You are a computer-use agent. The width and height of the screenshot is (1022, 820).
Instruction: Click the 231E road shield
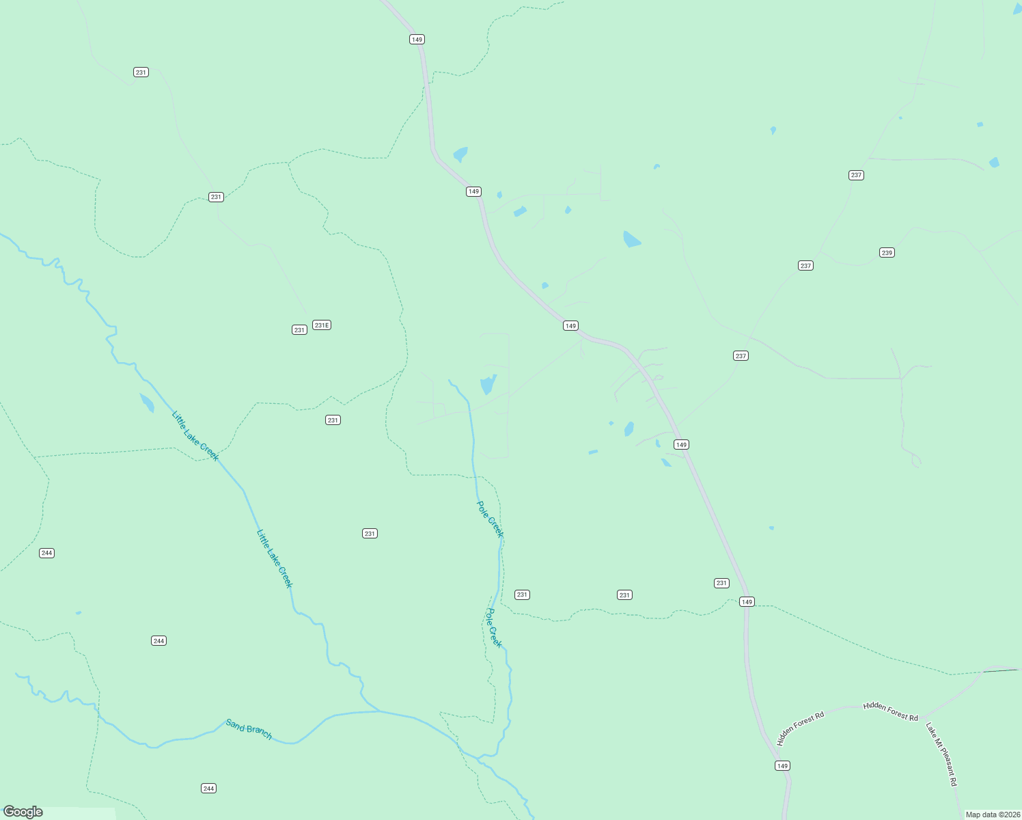(x=322, y=325)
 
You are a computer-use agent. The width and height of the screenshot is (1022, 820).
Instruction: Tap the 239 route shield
(x=887, y=253)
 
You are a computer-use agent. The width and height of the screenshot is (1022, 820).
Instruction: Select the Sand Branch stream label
(x=249, y=729)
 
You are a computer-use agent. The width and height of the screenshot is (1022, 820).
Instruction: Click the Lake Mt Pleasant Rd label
(x=941, y=754)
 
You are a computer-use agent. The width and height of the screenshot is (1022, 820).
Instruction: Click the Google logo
(x=23, y=812)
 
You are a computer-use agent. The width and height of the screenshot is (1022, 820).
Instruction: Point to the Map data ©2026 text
(x=992, y=815)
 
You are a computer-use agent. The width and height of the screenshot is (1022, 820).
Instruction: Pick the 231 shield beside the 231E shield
(x=299, y=330)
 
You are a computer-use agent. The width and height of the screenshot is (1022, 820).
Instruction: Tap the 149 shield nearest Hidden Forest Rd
(x=782, y=765)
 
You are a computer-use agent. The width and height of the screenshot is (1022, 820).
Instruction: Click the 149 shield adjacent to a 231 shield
(x=747, y=602)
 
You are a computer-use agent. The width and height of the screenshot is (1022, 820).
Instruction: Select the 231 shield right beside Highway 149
(x=721, y=583)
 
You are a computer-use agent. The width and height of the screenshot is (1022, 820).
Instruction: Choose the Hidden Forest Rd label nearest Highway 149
(x=801, y=728)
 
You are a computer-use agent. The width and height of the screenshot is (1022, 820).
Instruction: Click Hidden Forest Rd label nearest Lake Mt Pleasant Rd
(x=891, y=711)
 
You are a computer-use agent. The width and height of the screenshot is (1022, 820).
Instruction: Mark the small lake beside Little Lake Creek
(x=147, y=402)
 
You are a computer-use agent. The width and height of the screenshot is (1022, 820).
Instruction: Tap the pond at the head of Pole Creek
(x=488, y=384)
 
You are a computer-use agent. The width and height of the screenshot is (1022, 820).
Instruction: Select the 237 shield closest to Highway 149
(x=741, y=356)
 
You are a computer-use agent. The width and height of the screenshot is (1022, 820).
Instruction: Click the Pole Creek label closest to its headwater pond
(x=489, y=519)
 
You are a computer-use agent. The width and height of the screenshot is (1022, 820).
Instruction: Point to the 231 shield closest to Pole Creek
(x=522, y=594)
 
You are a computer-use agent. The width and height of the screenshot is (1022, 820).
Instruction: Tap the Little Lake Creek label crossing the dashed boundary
(x=195, y=436)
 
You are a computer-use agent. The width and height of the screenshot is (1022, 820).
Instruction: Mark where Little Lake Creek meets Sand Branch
(x=380, y=711)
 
